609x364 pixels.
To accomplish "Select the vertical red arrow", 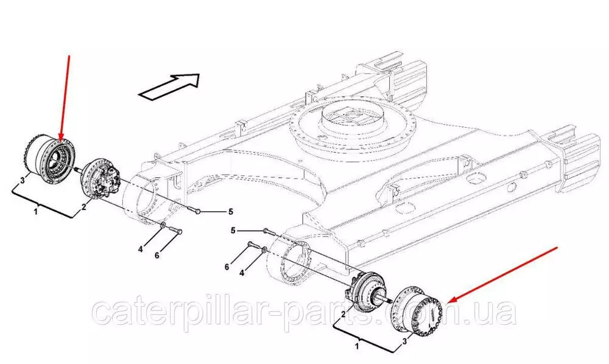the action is click(65, 98).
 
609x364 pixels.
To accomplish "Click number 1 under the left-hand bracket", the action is click(36, 212).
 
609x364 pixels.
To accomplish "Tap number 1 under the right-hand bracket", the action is click(357, 345).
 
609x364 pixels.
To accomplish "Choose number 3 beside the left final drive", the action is click(23, 180).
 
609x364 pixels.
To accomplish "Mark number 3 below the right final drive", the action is click(404, 341).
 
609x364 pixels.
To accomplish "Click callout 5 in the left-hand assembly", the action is click(230, 211).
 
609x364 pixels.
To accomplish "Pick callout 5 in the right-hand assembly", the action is click(233, 231).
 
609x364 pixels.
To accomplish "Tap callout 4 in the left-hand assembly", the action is click(141, 249).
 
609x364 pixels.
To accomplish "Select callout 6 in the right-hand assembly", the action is click(227, 267).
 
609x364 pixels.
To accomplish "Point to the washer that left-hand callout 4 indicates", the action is click(163, 225).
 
